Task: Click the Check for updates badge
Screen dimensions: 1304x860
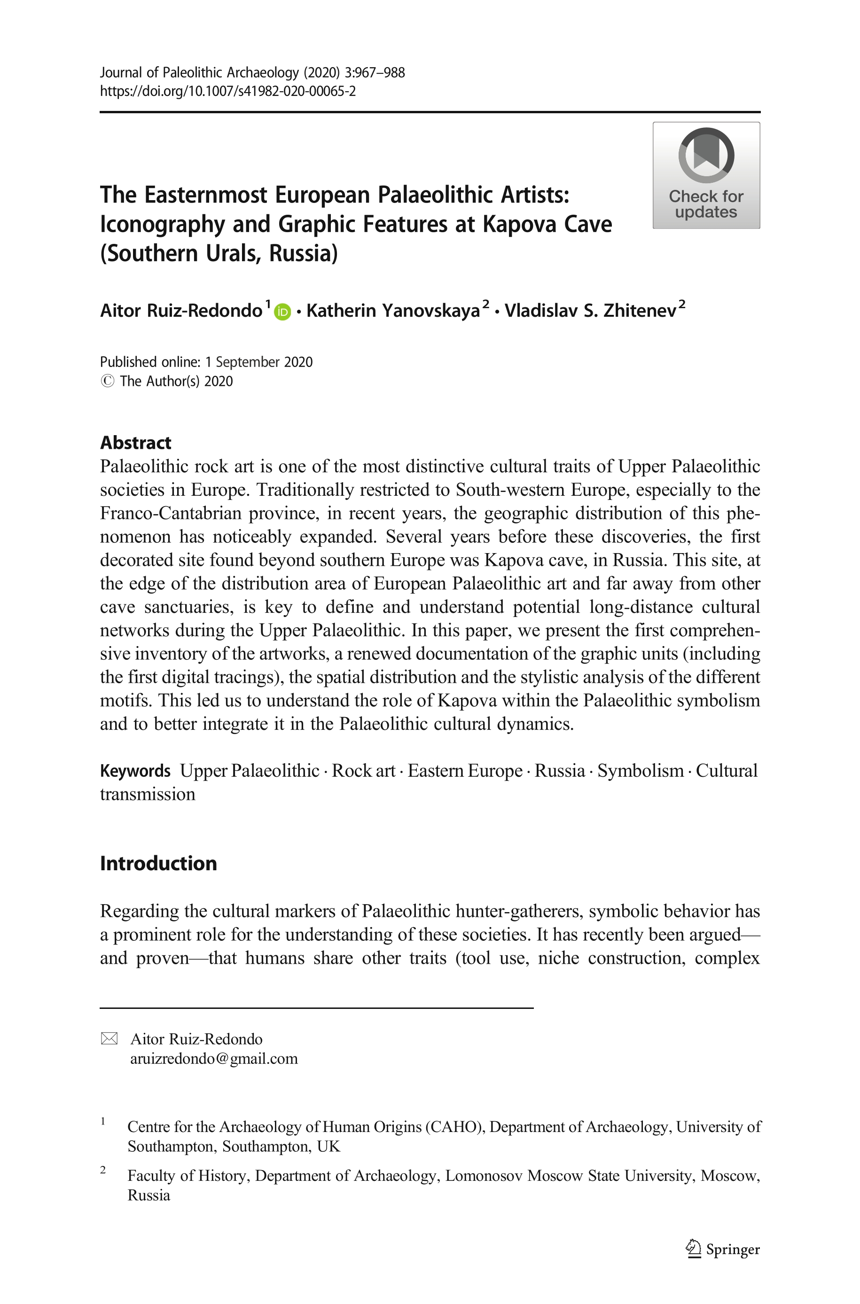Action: [x=706, y=175]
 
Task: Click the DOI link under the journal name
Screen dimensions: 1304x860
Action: [x=227, y=91]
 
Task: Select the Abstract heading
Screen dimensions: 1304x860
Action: [x=135, y=443]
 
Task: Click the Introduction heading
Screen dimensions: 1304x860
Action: [x=158, y=863]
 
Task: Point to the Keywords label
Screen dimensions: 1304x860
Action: [x=135, y=771]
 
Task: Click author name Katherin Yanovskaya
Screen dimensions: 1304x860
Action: [x=393, y=311]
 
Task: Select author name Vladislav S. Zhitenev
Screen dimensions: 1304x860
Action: [x=590, y=311]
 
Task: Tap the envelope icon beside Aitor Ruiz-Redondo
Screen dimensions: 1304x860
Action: [x=109, y=1039]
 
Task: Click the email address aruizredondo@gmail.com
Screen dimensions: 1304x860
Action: [x=214, y=1058]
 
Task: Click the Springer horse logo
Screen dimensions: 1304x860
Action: [x=693, y=1249]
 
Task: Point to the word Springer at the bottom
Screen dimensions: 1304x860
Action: [x=733, y=1249]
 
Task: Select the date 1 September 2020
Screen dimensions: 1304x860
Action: [x=259, y=362]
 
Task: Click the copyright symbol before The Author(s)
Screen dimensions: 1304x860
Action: [x=108, y=381]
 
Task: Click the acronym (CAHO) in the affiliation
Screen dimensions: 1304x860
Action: [x=455, y=1127]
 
